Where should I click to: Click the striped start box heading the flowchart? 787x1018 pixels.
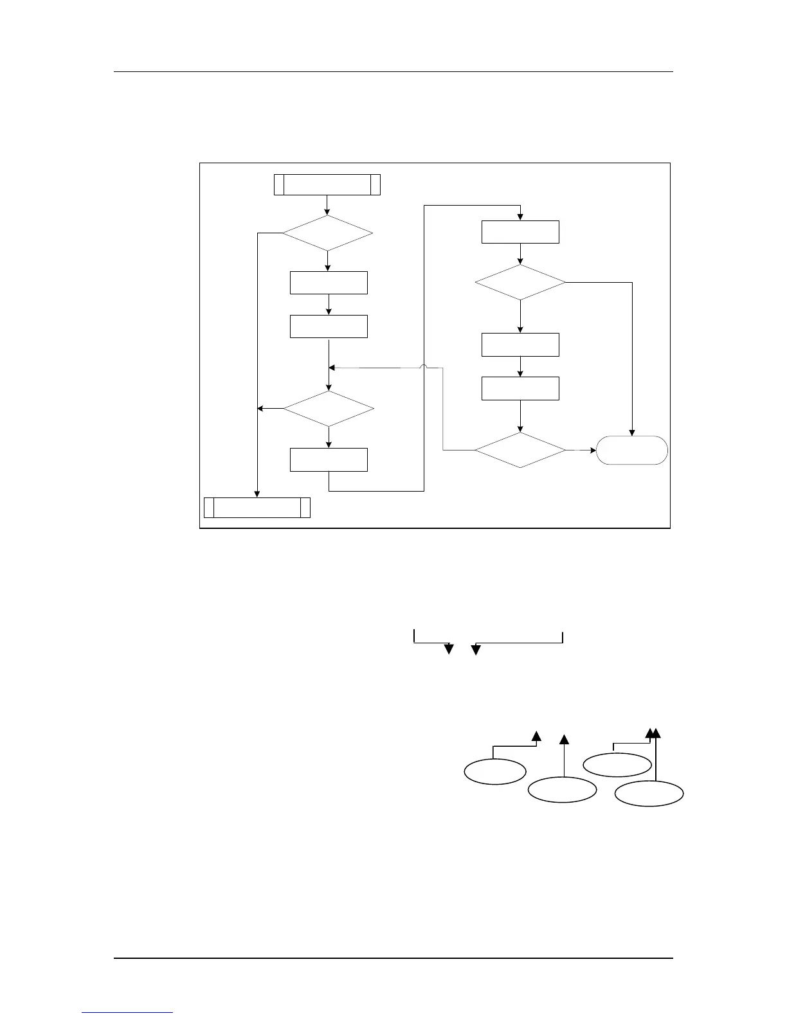tap(327, 184)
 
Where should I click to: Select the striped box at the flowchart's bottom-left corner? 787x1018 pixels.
tap(257, 507)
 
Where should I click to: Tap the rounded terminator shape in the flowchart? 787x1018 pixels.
tap(632, 450)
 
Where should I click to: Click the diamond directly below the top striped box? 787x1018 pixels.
tap(327, 233)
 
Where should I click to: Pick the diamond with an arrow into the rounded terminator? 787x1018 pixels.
tap(520, 450)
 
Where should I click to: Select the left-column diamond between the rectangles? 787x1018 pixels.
tap(329, 409)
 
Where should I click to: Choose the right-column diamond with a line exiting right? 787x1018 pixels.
tap(520, 282)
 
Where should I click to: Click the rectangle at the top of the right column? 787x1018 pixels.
tap(520, 232)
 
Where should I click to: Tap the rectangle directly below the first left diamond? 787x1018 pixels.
tap(329, 283)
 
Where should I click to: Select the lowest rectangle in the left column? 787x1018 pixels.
tap(329, 460)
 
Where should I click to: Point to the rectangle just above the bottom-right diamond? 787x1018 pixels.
tap(520, 388)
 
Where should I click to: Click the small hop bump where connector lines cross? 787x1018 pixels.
tap(424, 367)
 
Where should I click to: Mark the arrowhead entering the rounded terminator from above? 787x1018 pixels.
tap(632, 433)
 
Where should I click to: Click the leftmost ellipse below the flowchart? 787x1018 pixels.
tap(495, 771)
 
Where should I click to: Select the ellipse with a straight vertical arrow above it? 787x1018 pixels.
tap(563, 790)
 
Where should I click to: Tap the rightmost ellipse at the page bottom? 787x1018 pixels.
tap(649, 793)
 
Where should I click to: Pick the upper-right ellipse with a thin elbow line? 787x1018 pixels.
tap(617, 764)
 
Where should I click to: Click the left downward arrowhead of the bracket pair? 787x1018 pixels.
tap(449, 649)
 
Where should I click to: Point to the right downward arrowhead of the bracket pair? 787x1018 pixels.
tap(476, 650)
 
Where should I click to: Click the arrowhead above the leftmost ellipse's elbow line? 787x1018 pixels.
tap(536, 737)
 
